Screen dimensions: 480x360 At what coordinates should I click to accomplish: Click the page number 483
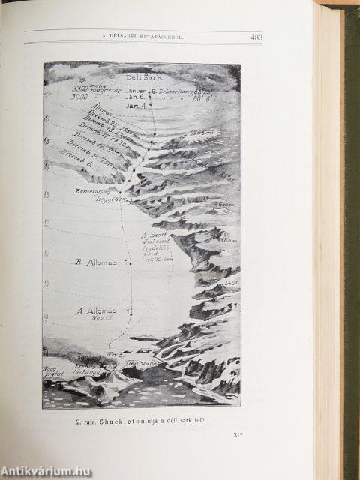pos(256,37)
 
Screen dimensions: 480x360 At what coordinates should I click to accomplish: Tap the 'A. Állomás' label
pos(96,310)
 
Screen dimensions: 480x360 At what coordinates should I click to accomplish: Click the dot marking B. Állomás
pos(129,263)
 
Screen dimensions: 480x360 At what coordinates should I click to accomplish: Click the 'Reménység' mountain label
pos(94,191)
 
